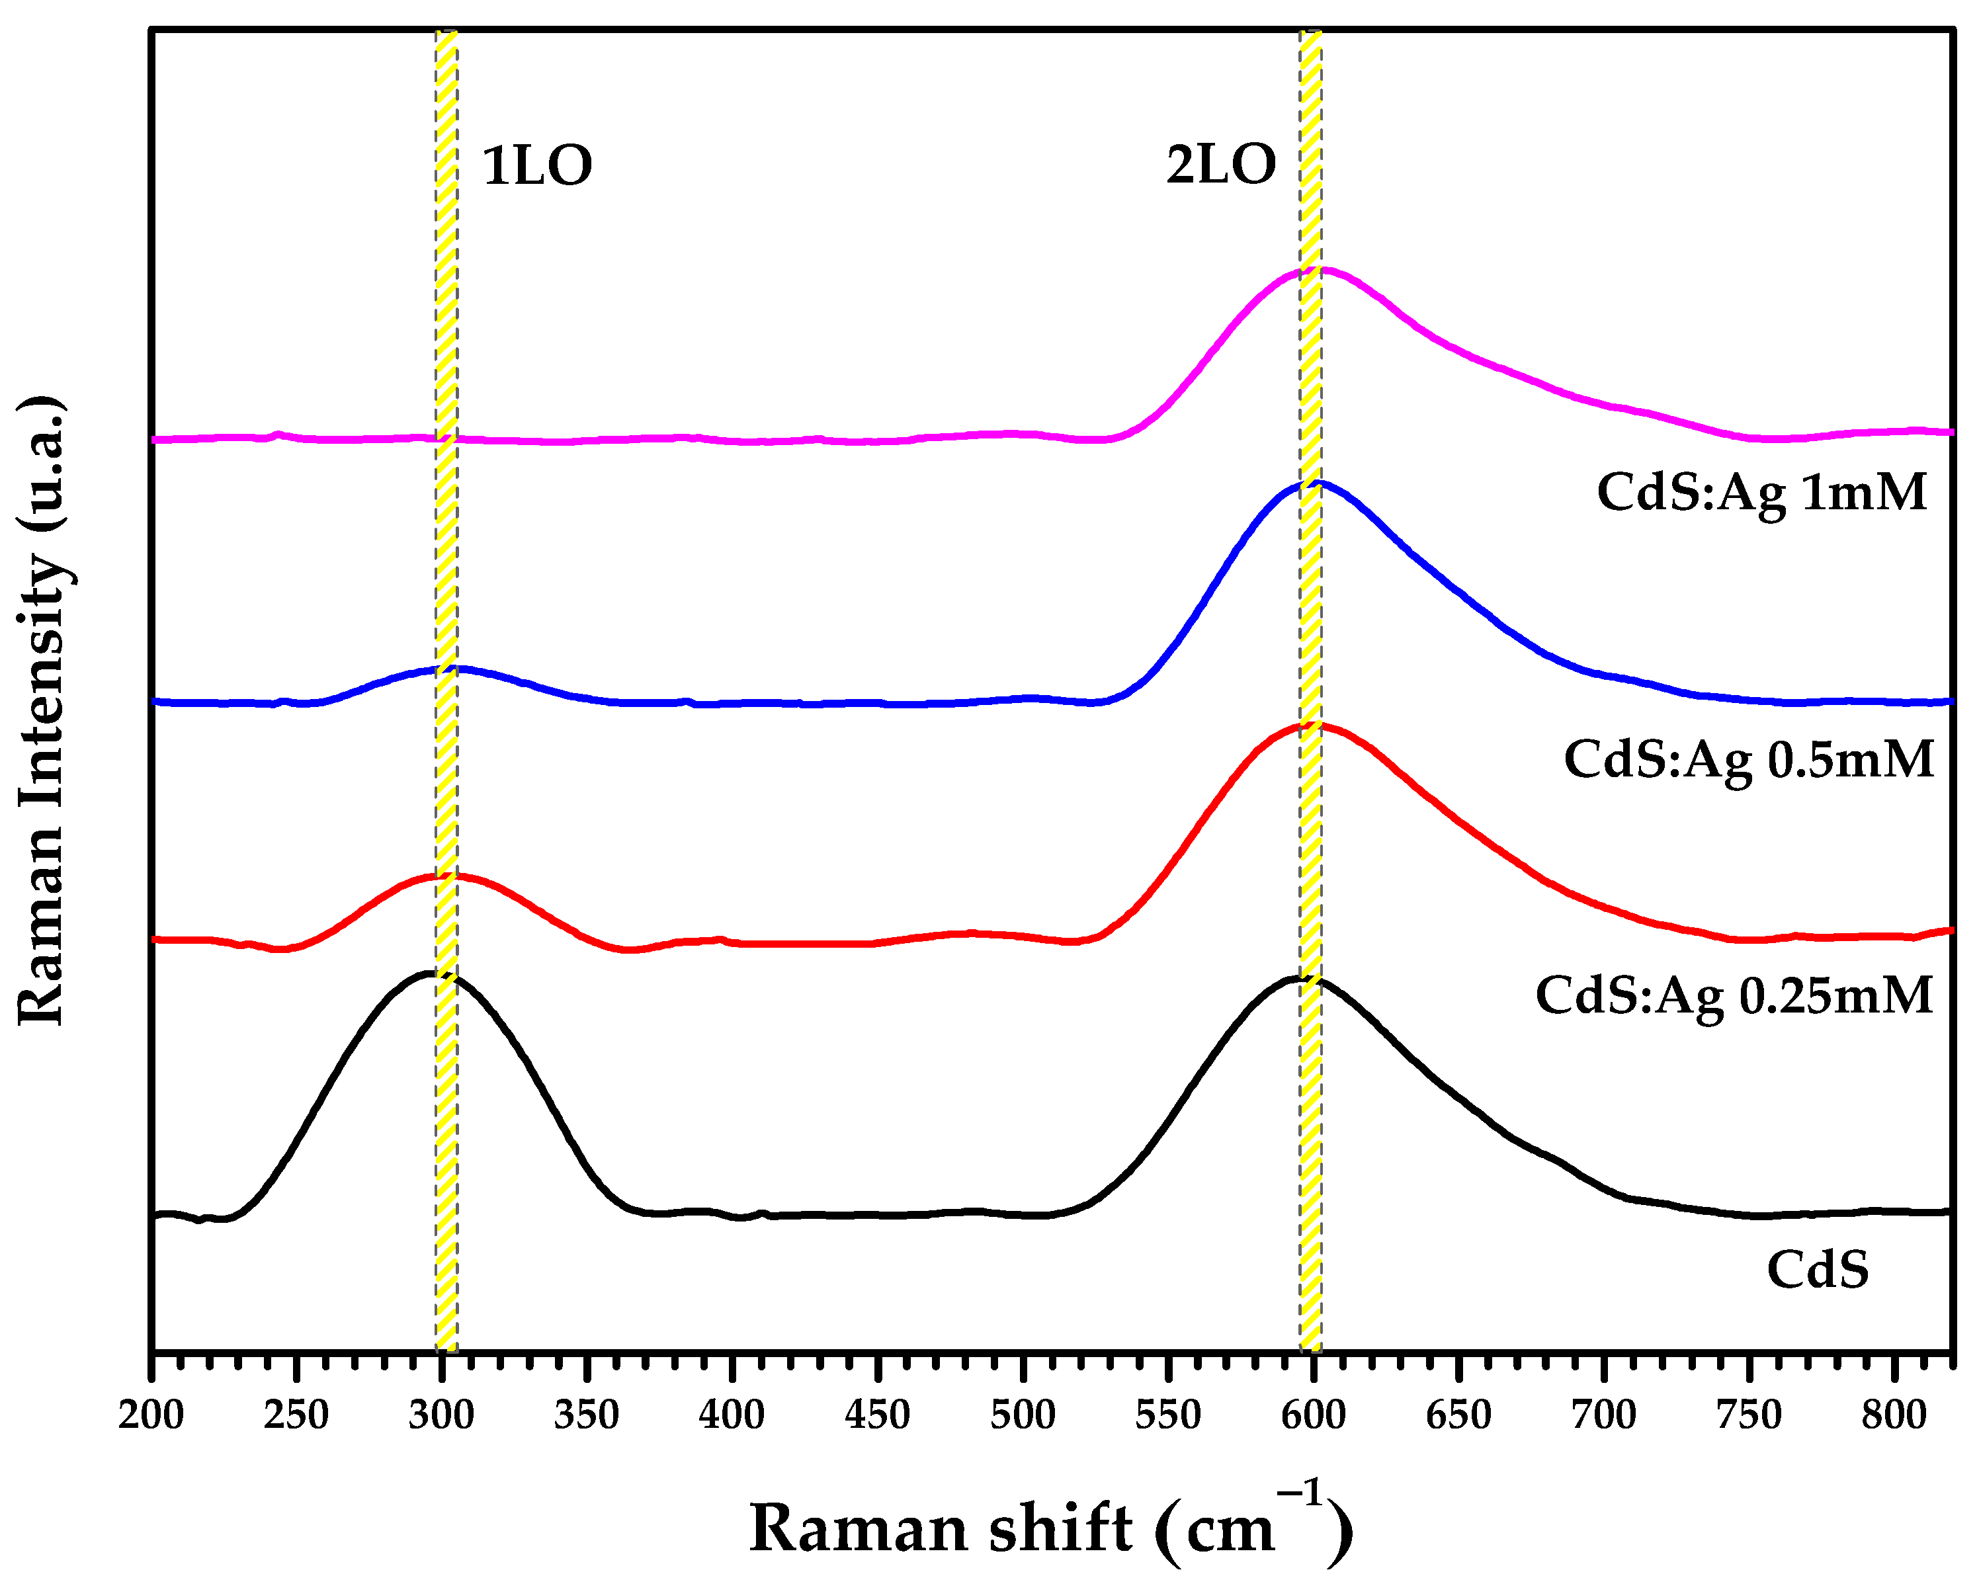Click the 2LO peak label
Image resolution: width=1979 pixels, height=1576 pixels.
coord(1221,166)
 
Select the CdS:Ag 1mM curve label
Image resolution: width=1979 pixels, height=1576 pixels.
coord(1761,493)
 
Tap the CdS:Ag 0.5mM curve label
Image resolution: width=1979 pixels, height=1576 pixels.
coord(1749,760)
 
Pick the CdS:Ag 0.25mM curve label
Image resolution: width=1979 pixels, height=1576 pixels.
coord(1734,996)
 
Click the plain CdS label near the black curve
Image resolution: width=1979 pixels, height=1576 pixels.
coord(1818,1270)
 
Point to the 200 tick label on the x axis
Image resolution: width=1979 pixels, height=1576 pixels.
coord(151,1415)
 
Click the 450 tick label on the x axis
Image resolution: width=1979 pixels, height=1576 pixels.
coord(878,1415)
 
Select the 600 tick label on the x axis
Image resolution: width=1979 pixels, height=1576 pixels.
coord(1314,1415)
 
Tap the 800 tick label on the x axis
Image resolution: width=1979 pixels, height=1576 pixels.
coord(1894,1415)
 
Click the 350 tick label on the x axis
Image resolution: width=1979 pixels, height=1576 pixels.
coord(587,1415)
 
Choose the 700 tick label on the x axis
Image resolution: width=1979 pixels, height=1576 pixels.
coord(1603,1415)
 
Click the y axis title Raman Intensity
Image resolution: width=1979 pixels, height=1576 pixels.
coord(41,712)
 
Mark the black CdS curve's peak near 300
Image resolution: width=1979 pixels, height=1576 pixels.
coord(431,973)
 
